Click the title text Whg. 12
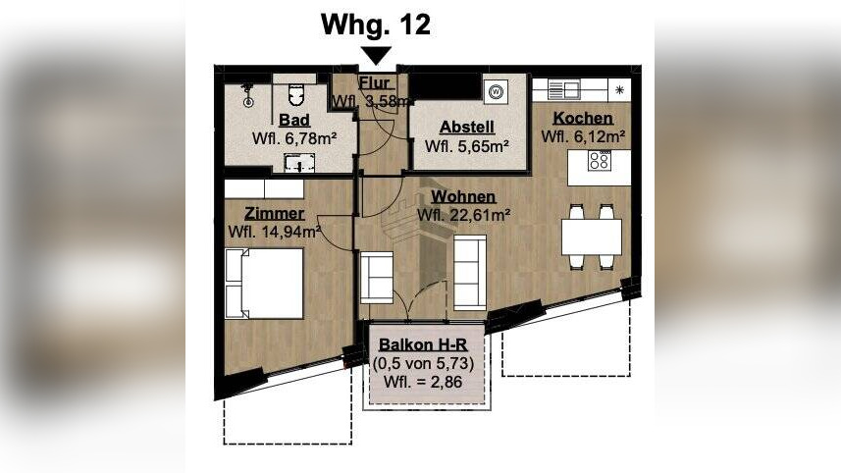coord(376,26)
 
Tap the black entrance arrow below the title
coord(377,56)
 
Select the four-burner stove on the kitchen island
coord(600,161)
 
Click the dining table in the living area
coord(591,236)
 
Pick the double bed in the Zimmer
coord(264,284)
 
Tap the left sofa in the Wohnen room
coord(378,277)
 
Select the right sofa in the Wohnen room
coord(469,270)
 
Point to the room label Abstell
coord(466,128)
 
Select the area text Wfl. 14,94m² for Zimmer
coord(275,232)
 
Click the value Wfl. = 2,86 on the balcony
coord(426,380)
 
